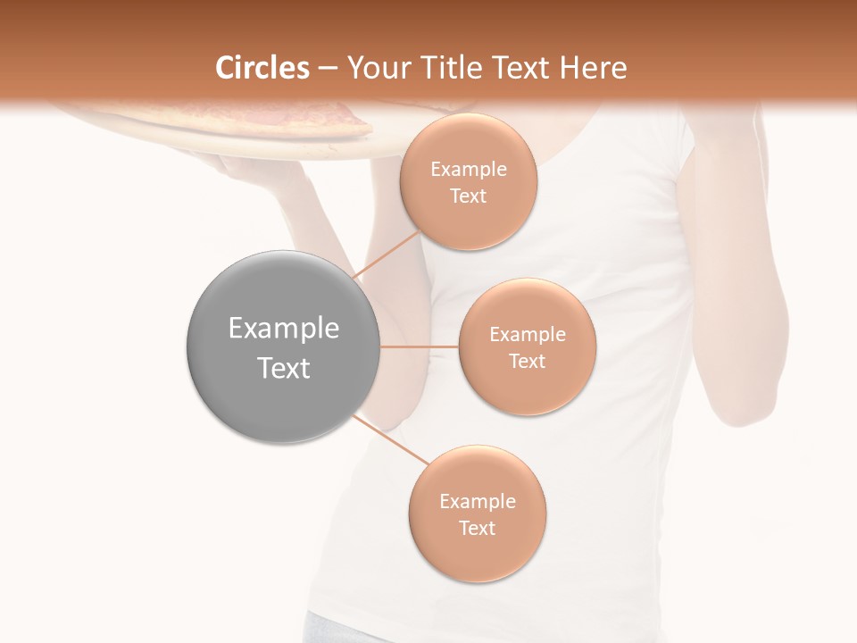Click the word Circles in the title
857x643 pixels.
262,68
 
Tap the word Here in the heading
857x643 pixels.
592,68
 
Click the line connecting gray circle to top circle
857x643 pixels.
385,256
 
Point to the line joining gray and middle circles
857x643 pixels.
419,347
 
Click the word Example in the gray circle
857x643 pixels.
284,329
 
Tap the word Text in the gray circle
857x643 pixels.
284,368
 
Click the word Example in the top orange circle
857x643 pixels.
469,170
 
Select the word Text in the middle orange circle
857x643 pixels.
527,361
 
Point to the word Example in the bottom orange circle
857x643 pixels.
477,501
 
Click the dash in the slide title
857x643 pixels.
327,69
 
